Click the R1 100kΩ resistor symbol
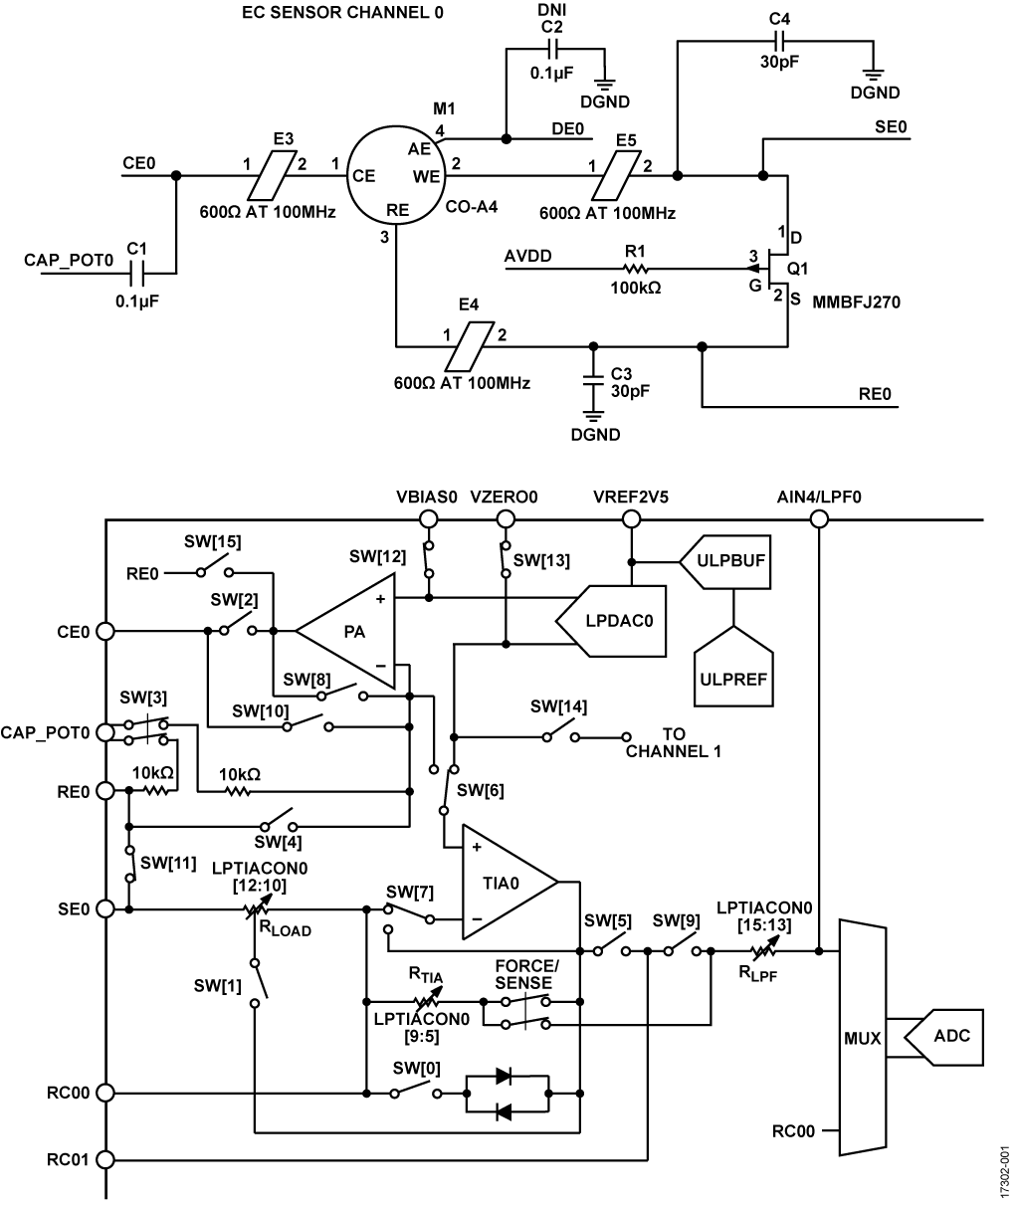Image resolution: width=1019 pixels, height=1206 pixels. [x=635, y=267]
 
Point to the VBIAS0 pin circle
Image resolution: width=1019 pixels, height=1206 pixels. [x=429, y=517]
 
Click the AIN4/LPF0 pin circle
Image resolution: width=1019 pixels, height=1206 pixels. [x=818, y=517]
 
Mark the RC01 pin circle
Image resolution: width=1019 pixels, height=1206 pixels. [x=105, y=1158]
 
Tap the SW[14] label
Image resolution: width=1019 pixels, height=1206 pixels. [x=558, y=706]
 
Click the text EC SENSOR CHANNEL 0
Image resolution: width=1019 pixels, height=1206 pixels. [x=329, y=15]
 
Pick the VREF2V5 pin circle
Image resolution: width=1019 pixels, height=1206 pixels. [x=630, y=517]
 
